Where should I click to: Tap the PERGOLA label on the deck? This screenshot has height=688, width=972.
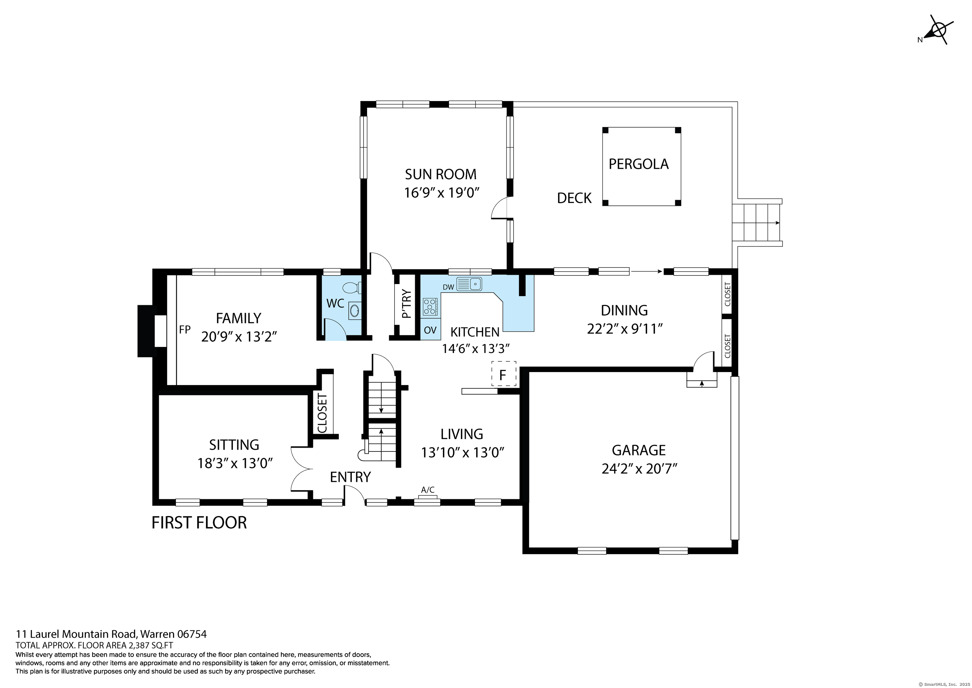pyautogui.click(x=639, y=164)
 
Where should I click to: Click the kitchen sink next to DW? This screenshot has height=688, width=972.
pyautogui.click(x=469, y=283)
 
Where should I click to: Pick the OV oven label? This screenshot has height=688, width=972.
pyautogui.click(x=430, y=330)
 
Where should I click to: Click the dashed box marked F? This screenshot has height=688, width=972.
pyautogui.click(x=504, y=374)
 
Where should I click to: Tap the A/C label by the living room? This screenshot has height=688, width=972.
pyautogui.click(x=427, y=490)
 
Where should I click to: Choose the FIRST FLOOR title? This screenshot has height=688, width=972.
pyautogui.click(x=199, y=522)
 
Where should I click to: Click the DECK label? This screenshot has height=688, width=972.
pyautogui.click(x=574, y=198)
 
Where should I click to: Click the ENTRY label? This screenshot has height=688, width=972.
pyautogui.click(x=350, y=477)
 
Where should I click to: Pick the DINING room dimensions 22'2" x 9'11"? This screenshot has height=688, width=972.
pyautogui.click(x=625, y=329)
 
